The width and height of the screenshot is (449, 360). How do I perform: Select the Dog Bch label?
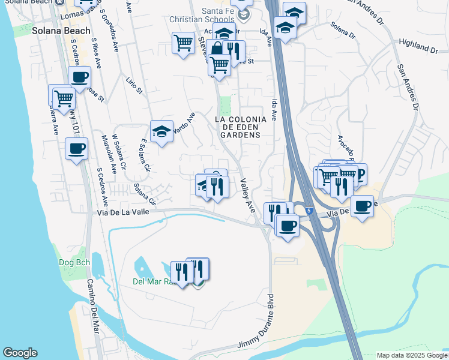(x=75, y=262)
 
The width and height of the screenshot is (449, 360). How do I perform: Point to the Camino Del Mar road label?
(x=92, y=306)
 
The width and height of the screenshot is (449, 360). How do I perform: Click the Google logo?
(x=20, y=353)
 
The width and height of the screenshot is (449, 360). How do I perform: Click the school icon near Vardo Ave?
(x=161, y=131)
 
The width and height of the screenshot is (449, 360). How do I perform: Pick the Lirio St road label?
(x=134, y=85)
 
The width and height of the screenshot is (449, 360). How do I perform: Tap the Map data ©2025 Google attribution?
(x=412, y=355)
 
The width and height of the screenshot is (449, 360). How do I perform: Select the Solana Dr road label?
(x=344, y=29)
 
